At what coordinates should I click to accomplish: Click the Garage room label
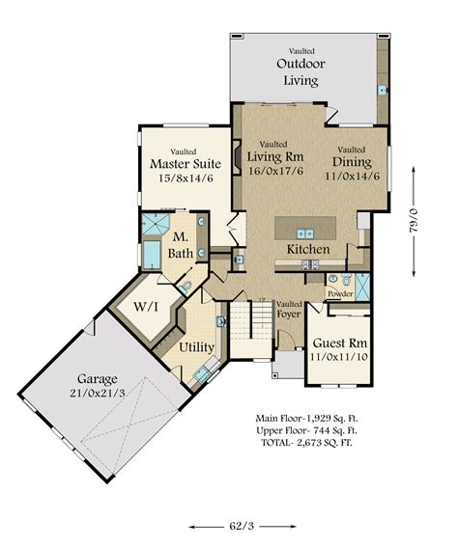(x=98, y=379)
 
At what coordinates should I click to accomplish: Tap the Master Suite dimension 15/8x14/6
(x=186, y=178)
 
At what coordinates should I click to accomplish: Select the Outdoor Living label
(x=301, y=72)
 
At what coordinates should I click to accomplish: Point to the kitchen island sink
(x=305, y=233)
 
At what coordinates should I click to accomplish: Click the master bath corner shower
(x=156, y=225)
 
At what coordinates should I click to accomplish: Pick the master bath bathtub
(x=152, y=255)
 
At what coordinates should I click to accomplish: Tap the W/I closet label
(x=146, y=307)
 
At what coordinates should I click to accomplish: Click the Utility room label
(x=197, y=347)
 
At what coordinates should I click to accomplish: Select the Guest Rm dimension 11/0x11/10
(x=339, y=357)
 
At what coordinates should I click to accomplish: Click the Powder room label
(x=340, y=294)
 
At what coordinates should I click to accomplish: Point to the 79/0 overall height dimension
(x=414, y=221)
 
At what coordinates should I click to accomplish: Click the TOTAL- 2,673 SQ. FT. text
(x=306, y=443)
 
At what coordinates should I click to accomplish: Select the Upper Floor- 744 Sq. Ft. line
(x=306, y=430)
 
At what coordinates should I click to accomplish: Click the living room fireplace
(x=238, y=157)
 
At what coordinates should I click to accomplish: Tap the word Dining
(x=352, y=162)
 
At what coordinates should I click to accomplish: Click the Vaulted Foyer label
(x=289, y=310)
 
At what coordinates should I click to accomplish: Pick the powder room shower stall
(x=362, y=288)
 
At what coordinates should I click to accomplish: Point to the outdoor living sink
(x=383, y=90)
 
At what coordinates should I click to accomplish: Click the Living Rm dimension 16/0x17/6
(x=275, y=171)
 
